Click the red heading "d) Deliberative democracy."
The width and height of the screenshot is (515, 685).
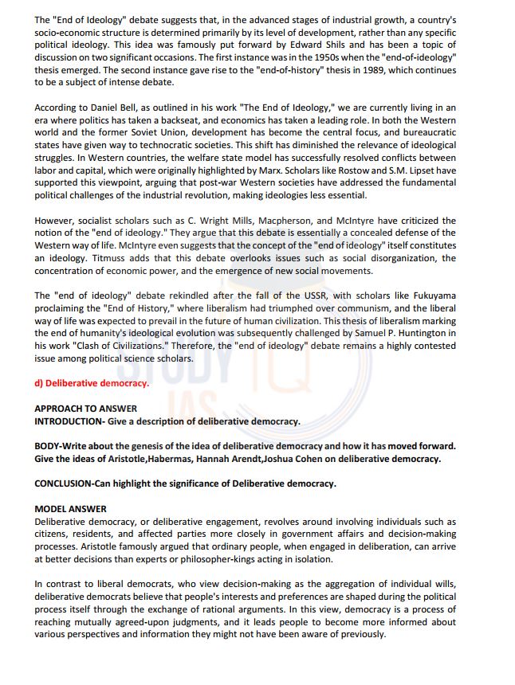point(92,383)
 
